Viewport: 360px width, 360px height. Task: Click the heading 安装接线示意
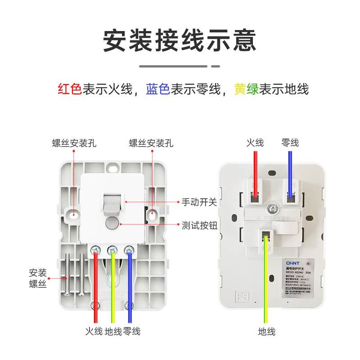[x=180, y=40]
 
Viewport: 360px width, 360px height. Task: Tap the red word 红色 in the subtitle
[x=69, y=89]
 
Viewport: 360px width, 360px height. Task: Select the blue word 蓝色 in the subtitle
[x=157, y=89]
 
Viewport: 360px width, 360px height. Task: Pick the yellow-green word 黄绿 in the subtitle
[x=246, y=89]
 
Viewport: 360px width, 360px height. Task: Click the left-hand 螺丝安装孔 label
[x=74, y=143]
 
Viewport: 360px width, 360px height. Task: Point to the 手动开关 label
[x=199, y=202]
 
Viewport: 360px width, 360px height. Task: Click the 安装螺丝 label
[x=38, y=279]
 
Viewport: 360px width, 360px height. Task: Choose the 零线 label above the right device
[x=290, y=143]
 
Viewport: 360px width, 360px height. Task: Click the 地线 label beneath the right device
[x=266, y=332]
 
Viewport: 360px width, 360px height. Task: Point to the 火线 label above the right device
[x=255, y=143]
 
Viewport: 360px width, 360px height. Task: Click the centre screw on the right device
[x=272, y=208]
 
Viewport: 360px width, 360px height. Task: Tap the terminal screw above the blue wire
[x=130, y=248]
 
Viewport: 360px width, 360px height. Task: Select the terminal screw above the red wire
[x=96, y=248]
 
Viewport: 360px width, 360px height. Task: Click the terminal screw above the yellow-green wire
[x=112, y=248]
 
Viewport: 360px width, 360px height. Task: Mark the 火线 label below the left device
[x=94, y=332]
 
